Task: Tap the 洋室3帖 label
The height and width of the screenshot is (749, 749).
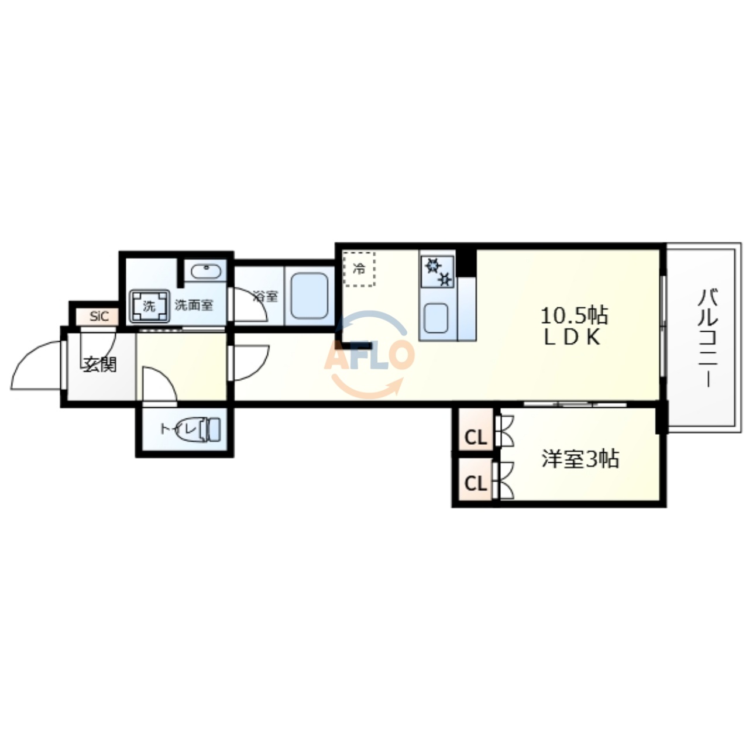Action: (580, 459)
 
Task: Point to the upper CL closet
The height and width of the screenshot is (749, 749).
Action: (475, 437)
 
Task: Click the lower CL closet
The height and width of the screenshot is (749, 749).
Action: (475, 483)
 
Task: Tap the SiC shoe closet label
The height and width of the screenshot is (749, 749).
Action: (99, 317)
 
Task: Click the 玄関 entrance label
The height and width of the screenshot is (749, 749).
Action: (99, 364)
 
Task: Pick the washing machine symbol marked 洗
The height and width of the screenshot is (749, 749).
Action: (150, 306)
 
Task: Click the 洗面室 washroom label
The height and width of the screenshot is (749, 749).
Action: (194, 305)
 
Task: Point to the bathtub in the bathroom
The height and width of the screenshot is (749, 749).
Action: (309, 296)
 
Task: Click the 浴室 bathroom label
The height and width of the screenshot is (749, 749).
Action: (265, 296)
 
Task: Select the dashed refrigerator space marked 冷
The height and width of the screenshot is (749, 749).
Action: (359, 269)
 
